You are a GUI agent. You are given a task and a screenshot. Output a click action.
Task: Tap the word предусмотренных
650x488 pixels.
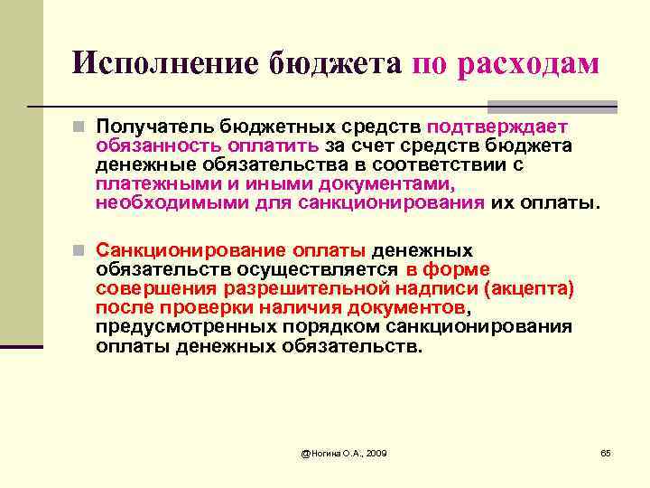[173, 326]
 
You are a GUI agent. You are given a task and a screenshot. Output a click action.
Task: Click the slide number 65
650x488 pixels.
[606, 452]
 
